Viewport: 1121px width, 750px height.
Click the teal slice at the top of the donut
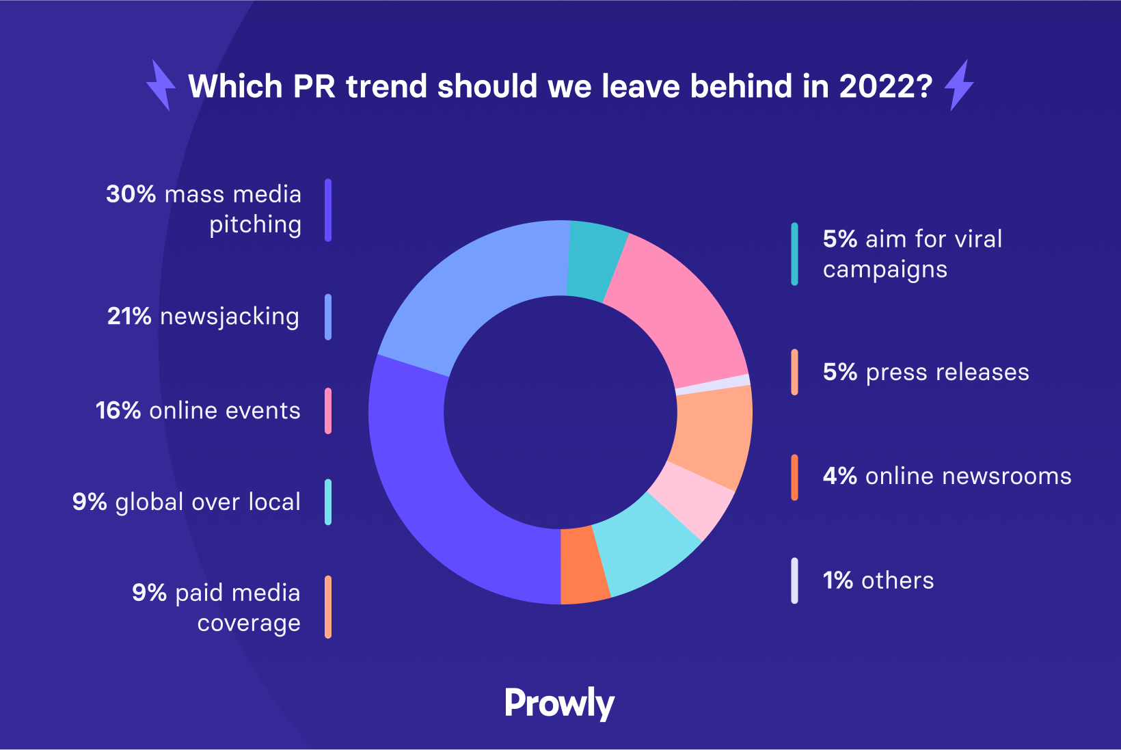point(593,260)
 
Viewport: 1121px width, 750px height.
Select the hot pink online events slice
point(684,314)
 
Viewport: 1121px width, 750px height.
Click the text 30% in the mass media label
point(131,194)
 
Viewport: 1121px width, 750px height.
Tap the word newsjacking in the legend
point(230,317)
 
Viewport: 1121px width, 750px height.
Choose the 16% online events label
point(198,410)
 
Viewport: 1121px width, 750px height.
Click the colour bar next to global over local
point(328,502)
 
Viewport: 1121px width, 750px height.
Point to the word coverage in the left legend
point(249,624)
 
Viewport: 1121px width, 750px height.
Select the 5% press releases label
point(926,372)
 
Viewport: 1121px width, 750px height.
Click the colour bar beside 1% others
point(794,580)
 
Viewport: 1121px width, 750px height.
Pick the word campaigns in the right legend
point(885,269)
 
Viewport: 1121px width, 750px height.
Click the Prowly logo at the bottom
point(560,703)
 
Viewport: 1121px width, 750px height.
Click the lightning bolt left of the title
point(161,85)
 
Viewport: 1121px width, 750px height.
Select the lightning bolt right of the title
point(959,85)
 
